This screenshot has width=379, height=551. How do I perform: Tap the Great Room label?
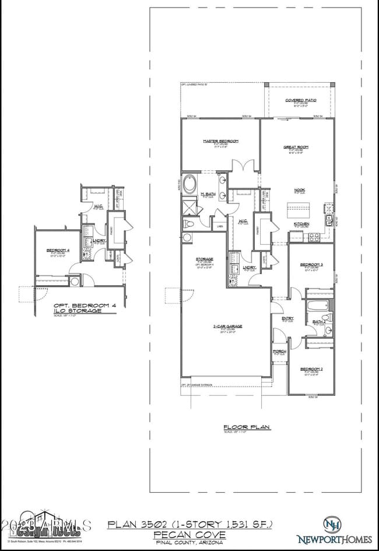(296, 147)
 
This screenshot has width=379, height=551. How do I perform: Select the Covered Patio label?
(301, 100)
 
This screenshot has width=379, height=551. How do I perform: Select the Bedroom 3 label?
(311, 265)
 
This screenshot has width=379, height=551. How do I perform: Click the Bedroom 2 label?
(311, 369)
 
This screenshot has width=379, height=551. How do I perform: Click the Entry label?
(288, 318)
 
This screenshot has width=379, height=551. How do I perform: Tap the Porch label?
(279, 352)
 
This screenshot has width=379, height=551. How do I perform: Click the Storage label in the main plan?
(204, 258)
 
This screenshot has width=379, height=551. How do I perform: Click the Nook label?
(300, 189)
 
